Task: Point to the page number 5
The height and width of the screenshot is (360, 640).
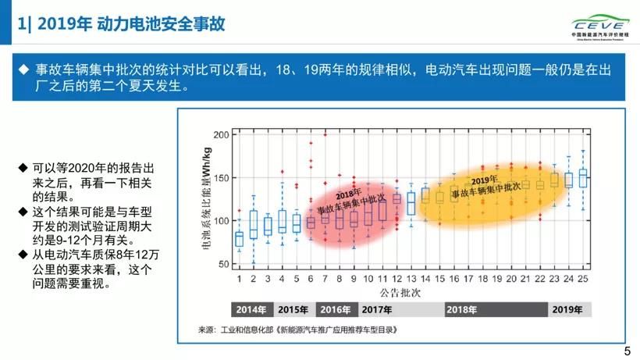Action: tap(627, 351)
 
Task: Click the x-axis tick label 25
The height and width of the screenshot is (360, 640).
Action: tap(583, 278)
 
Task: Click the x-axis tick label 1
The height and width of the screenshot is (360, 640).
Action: tap(239, 278)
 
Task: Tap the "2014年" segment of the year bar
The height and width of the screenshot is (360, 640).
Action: tap(251, 309)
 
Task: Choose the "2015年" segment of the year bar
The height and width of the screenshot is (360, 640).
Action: tap(293, 309)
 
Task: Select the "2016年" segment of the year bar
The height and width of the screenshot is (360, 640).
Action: tap(335, 309)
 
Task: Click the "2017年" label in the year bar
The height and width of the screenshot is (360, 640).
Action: tap(377, 309)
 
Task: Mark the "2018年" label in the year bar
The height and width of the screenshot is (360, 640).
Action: tap(461, 309)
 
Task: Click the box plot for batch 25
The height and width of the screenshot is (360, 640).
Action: tap(583, 178)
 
